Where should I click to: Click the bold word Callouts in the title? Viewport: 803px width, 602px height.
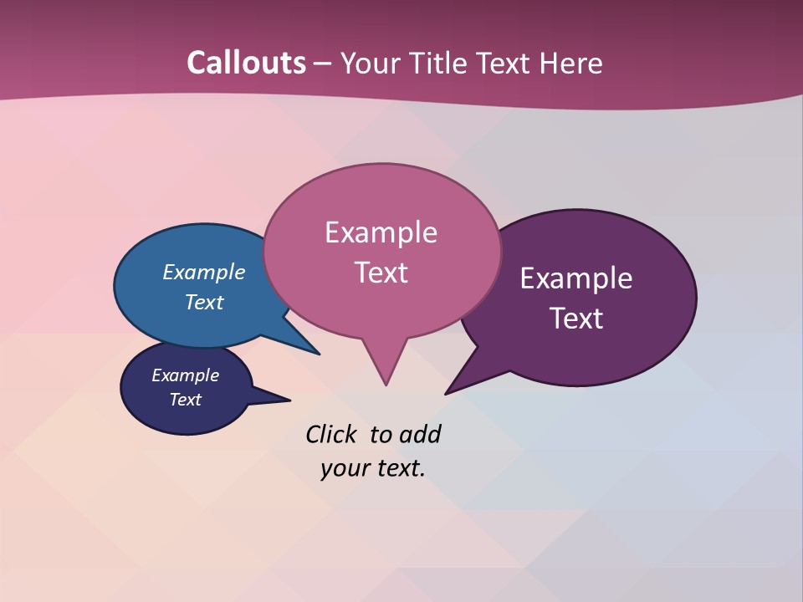tap(246, 63)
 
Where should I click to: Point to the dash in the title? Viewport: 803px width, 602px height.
tap(323, 64)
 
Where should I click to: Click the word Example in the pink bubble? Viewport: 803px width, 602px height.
tap(381, 232)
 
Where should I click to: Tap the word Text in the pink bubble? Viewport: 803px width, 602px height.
tap(381, 273)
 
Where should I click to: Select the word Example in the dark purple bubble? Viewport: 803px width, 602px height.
tap(576, 278)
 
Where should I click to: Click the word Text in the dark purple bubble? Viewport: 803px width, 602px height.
tap(576, 319)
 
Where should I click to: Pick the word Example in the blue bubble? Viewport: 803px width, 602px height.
tap(204, 273)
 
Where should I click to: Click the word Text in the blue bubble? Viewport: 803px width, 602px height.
tap(204, 302)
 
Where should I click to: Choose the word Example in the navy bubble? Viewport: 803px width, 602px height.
tap(186, 375)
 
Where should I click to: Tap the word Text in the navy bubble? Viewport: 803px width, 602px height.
tap(186, 400)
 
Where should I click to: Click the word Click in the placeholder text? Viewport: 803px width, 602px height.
tap(331, 435)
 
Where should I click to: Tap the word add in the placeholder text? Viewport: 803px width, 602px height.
tap(419, 435)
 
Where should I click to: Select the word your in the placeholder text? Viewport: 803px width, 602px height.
tap(343, 468)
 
